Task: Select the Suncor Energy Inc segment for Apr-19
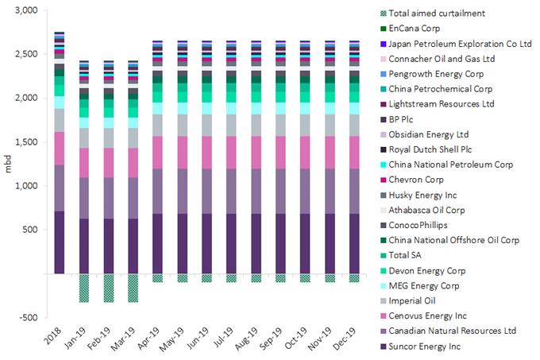(157, 243)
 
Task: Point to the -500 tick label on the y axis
(28, 317)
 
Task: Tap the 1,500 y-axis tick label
(26, 142)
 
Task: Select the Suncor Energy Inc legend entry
(425, 346)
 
